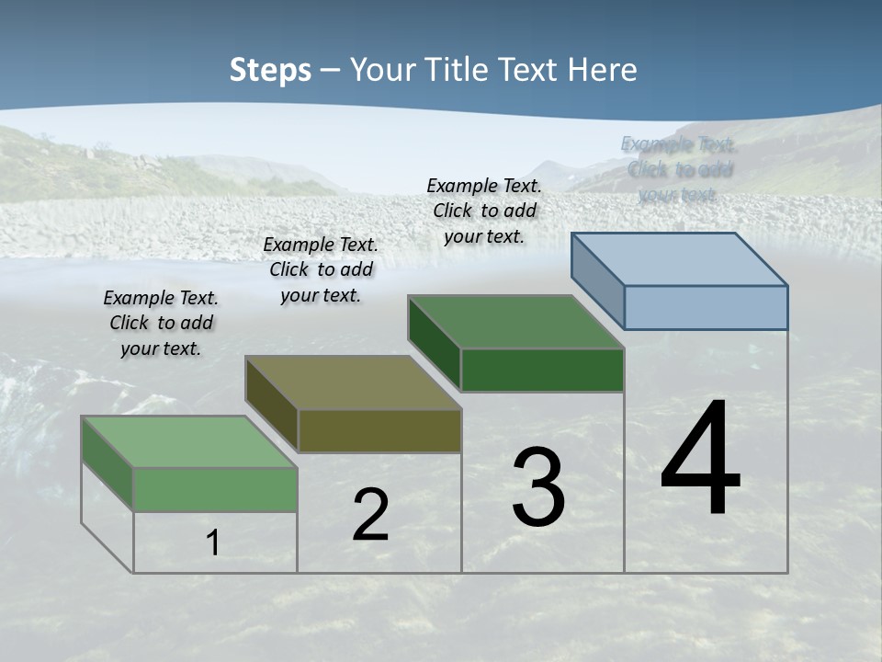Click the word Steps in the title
pos(270,70)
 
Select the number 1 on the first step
pos(213,542)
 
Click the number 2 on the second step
pos(370,515)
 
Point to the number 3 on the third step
pos(538,487)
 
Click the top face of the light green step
pos(189,441)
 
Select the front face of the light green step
pos(215,489)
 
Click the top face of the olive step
pos(353,382)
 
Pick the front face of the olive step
pos(379,430)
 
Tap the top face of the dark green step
pos(516,322)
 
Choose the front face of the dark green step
pos(542,370)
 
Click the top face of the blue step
pos(680,259)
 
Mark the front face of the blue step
pos(706,307)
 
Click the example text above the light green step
pos(162,324)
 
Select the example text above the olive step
pos(321,269)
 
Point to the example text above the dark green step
pos(484,211)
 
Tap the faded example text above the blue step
pos(679,169)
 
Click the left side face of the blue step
pos(598,280)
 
